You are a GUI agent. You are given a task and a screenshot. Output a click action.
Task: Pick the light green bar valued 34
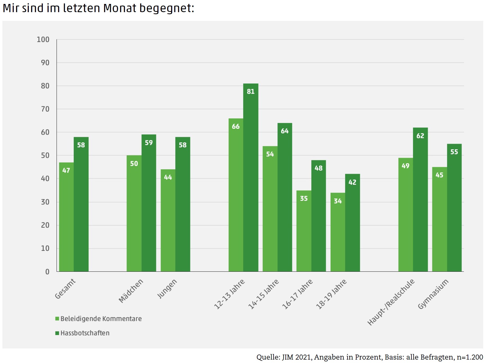pyautogui.click(x=338, y=232)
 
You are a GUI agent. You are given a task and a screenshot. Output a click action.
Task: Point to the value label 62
pyautogui.click(x=420, y=136)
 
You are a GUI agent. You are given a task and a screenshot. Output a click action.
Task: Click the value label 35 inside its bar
pyautogui.click(x=304, y=198)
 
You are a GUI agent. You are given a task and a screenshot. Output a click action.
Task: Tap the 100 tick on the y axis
pyautogui.click(x=43, y=40)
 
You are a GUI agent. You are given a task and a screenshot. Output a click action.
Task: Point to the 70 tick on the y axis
pyautogui.click(x=45, y=109)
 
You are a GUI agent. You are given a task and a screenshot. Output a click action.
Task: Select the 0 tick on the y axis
pyautogui.click(x=47, y=272)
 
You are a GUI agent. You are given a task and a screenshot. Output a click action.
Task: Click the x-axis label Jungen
pyautogui.click(x=167, y=289)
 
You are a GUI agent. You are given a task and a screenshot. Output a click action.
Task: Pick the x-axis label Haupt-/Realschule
pyautogui.click(x=391, y=302)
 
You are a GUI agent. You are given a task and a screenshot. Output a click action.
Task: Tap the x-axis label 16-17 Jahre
pyautogui.click(x=297, y=294)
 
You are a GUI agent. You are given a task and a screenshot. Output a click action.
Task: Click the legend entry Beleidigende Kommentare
pyautogui.click(x=101, y=319)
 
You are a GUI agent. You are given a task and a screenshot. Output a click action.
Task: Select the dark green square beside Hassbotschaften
pyautogui.click(x=57, y=333)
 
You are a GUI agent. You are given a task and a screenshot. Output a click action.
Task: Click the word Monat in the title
pyautogui.click(x=120, y=8)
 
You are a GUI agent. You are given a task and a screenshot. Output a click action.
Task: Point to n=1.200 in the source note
pyautogui.click(x=470, y=357)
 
